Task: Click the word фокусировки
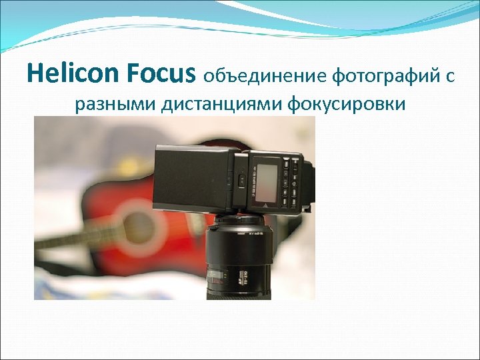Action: (x=347, y=105)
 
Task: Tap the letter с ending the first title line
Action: (x=451, y=77)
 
